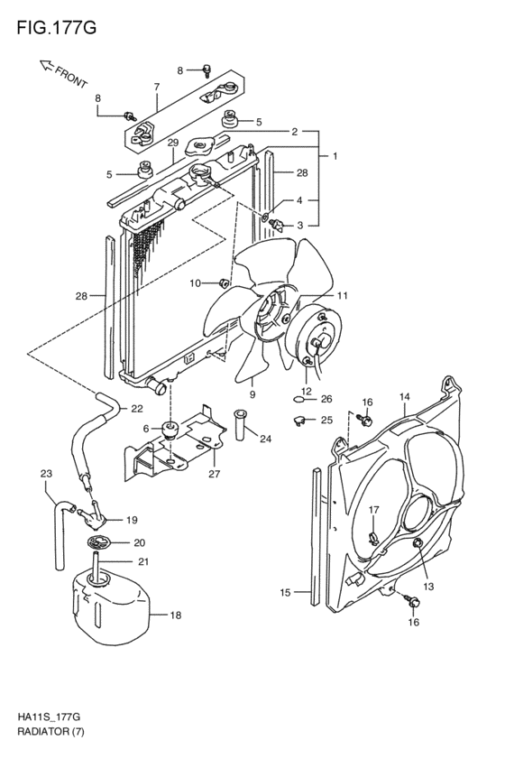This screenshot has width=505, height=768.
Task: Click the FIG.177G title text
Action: [57, 28]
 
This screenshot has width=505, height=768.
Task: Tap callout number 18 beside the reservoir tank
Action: [175, 615]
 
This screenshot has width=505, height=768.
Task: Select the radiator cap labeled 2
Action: [201, 146]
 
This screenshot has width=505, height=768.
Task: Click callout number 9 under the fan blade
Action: [252, 394]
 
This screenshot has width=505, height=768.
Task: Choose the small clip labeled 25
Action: [298, 420]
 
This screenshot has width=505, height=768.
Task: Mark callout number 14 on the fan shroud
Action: [404, 397]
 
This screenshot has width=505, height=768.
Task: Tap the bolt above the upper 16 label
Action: [366, 420]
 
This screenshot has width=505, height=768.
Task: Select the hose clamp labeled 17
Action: [374, 538]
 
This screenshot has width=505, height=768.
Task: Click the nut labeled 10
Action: [224, 282]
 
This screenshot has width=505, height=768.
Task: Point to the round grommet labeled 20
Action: [100, 542]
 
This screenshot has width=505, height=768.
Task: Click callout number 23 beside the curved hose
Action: [46, 474]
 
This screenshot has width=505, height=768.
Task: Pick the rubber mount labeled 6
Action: [170, 429]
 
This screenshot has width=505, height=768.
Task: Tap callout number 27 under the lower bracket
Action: [214, 474]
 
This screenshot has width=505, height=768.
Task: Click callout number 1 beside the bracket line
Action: [335, 156]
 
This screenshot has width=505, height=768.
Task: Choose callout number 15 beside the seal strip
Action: [285, 593]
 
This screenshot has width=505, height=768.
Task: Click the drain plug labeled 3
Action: [278, 225]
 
